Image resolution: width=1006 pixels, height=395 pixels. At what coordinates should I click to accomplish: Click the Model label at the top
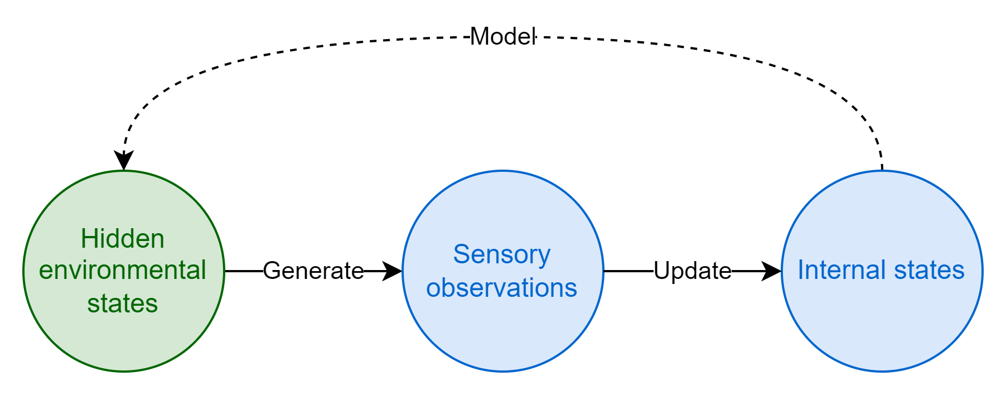click(x=502, y=37)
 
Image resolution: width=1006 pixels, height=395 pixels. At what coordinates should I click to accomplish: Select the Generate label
click(x=313, y=271)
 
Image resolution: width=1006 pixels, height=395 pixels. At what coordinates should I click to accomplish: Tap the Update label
click(x=692, y=271)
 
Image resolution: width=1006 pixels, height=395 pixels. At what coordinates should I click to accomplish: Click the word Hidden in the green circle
click(x=123, y=239)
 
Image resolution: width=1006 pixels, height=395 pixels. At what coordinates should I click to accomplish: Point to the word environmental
click(x=123, y=271)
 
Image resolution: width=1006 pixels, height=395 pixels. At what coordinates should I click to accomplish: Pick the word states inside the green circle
click(x=123, y=304)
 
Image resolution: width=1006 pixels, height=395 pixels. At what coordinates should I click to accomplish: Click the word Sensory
click(x=502, y=255)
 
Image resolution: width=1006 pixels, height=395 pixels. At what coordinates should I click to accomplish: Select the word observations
click(x=502, y=288)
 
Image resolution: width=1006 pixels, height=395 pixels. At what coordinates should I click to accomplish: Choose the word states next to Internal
click(x=929, y=270)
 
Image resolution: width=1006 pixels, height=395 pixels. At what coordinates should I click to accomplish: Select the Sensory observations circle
click(x=503, y=335)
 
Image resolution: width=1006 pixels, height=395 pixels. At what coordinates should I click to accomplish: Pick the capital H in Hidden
click(x=89, y=239)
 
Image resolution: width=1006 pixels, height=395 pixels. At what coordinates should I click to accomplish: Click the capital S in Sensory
click(x=461, y=254)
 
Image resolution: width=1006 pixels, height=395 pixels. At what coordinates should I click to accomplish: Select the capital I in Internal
click(x=801, y=270)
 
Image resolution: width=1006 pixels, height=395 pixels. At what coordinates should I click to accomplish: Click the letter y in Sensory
click(x=544, y=258)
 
